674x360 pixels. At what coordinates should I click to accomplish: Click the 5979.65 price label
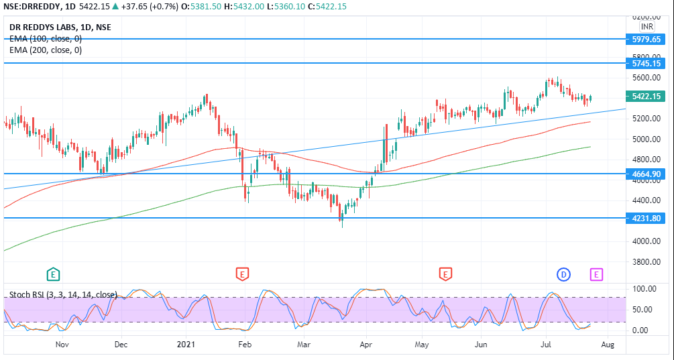[647, 40]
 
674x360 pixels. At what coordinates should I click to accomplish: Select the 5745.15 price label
[647, 64]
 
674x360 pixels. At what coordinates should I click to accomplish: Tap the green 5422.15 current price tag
[647, 97]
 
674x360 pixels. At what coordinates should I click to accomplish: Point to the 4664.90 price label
[647, 174]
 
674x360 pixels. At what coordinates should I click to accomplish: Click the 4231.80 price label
[647, 219]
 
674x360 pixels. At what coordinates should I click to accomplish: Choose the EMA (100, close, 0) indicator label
[45, 38]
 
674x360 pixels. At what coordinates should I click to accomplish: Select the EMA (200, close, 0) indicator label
[45, 50]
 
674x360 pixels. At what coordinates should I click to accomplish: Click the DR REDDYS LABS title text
[60, 27]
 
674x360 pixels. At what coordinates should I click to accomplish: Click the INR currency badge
[647, 27]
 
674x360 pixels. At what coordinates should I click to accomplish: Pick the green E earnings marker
[53, 274]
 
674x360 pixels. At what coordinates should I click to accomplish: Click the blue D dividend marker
[563, 274]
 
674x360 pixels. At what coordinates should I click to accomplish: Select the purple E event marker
[596, 274]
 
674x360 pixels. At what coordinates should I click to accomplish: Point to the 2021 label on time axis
[185, 345]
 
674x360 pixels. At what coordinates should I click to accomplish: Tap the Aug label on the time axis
[608, 345]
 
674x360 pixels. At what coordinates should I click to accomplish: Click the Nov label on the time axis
[62, 345]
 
